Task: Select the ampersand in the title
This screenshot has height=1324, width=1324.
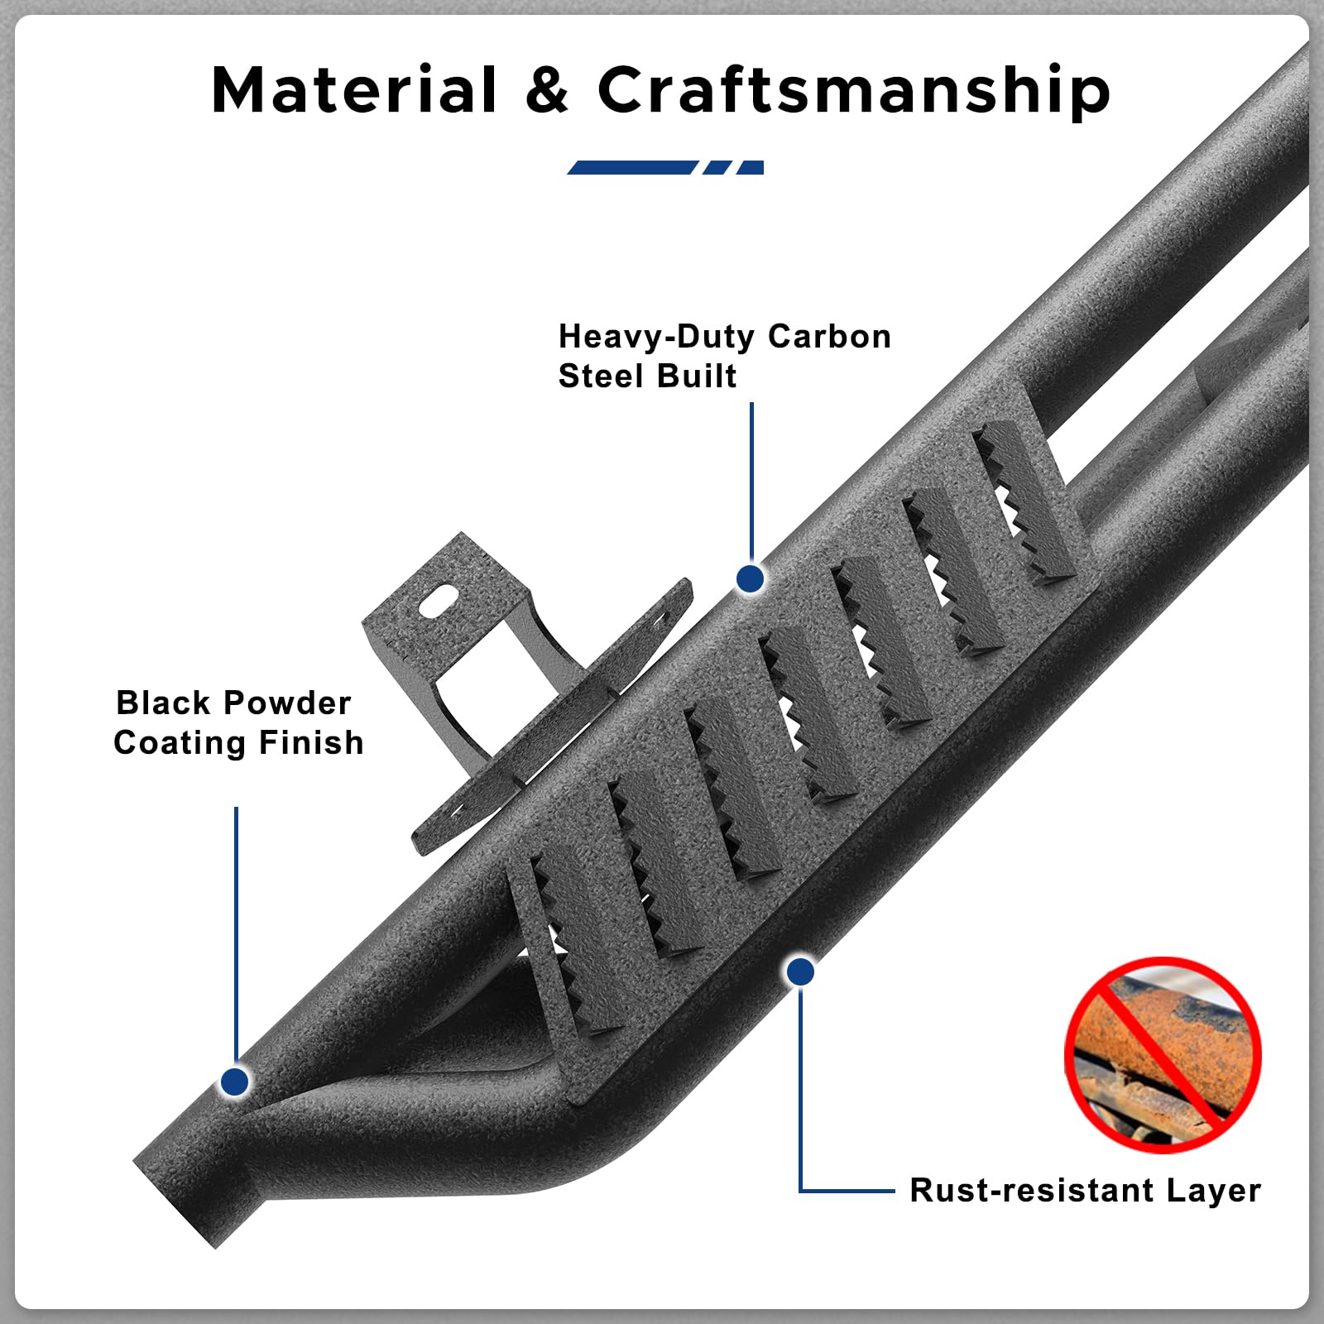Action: pyautogui.click(x=547, y=89)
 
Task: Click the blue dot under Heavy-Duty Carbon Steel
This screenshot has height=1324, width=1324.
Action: pyautogui.click(x=750, y=578)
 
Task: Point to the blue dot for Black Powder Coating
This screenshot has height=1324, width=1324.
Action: pyautogui.click(x=235, y=1081)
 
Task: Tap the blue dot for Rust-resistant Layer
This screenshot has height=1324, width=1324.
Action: pyautogui.click(x=800, y=971)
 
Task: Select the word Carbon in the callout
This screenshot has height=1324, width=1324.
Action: pyautogui.click(x=829, y=336)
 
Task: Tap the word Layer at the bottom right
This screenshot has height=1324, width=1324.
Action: pyautogui.click(x=1213, y=1192)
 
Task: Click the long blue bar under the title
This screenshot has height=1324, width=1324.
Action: pyautogui.click(x=632, y=167)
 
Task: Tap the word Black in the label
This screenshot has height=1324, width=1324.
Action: pyautogui.click(x=163, y=703)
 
